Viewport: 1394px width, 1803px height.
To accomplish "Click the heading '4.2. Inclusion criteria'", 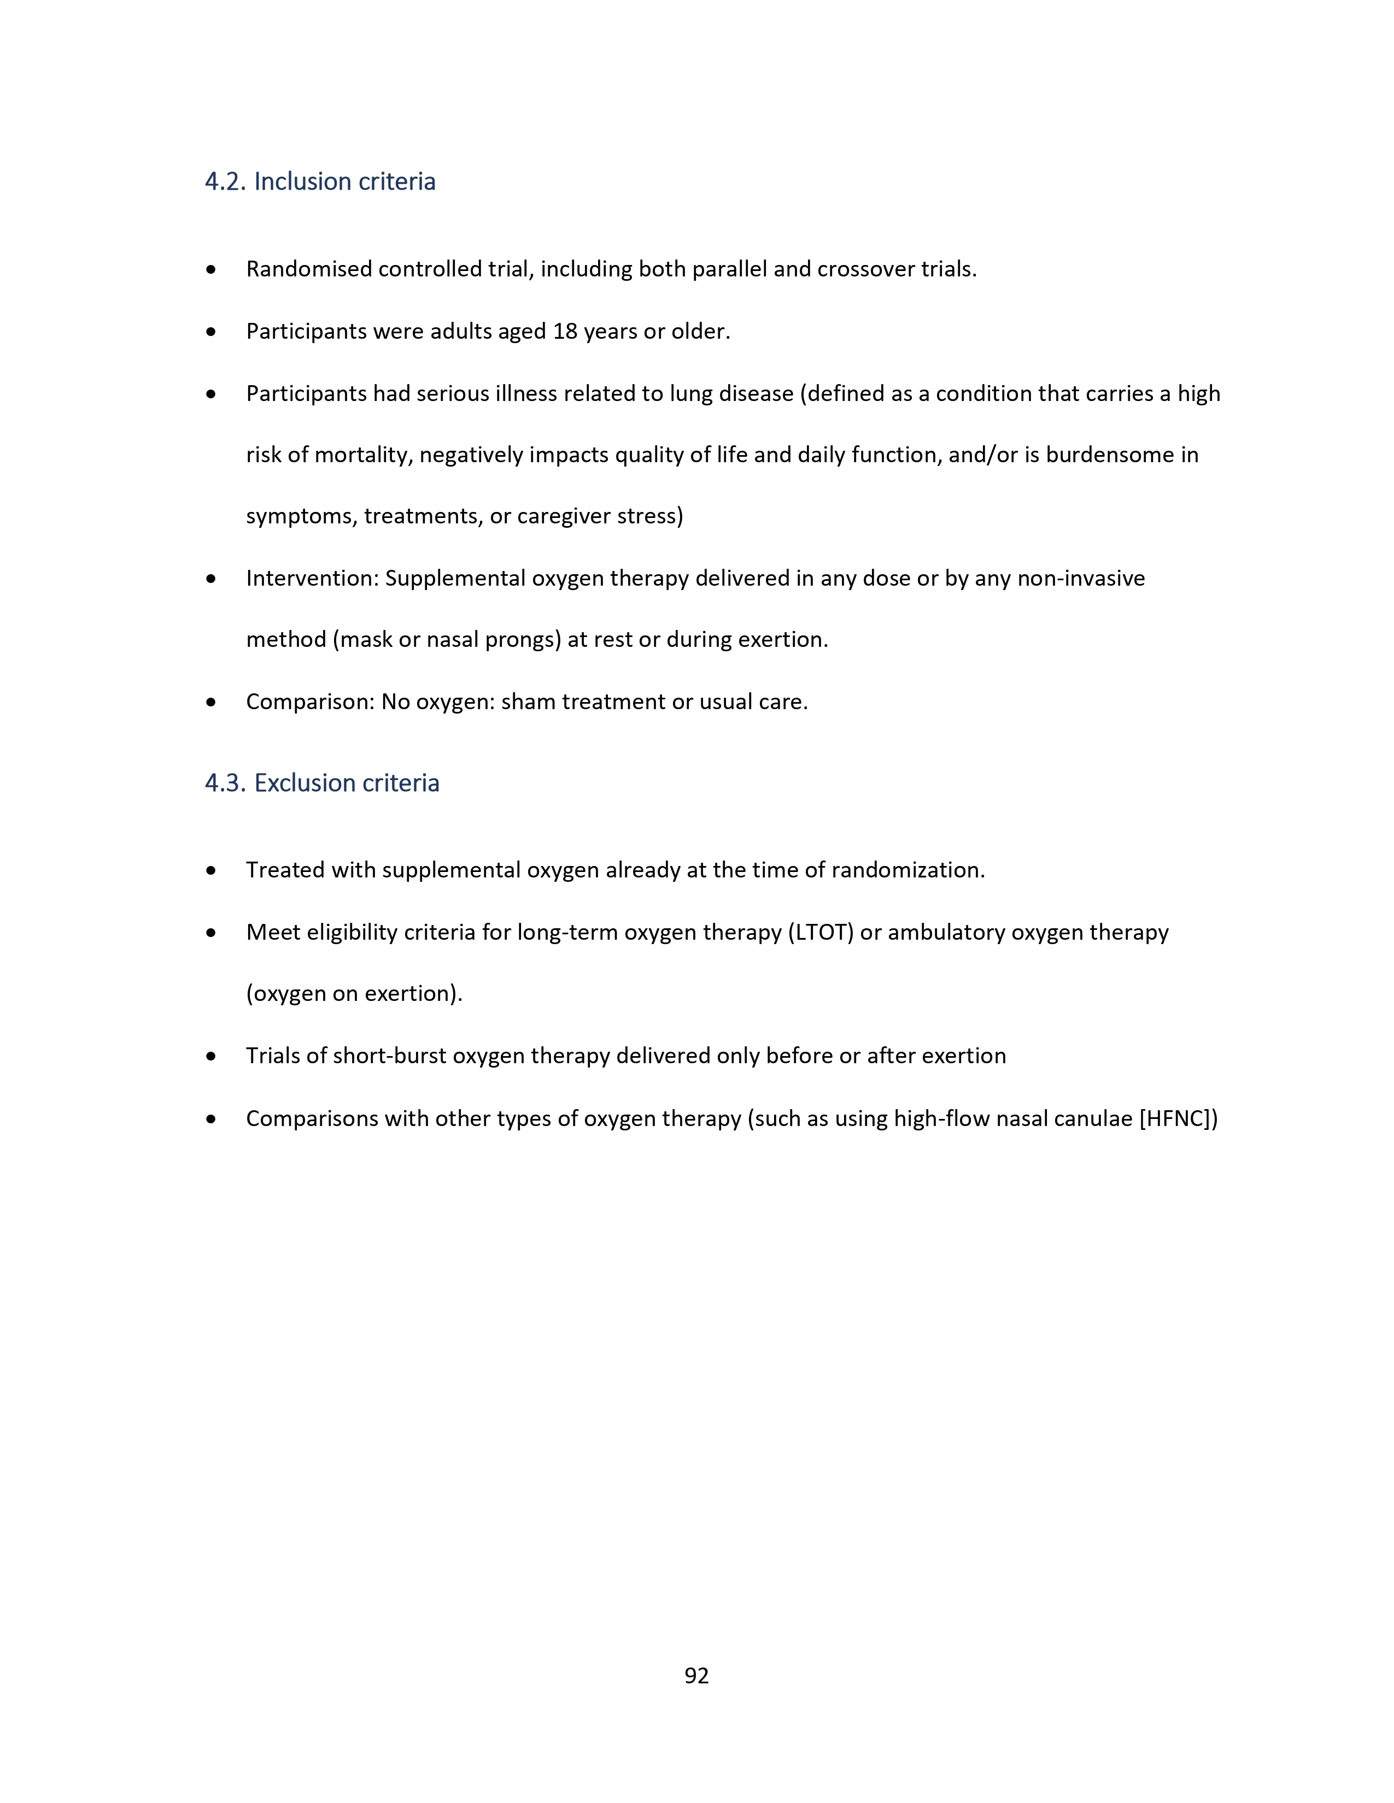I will (320, 181).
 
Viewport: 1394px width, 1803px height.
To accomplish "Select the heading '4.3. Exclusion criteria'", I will (322, 782).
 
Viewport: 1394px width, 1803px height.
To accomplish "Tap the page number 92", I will (696, 1675).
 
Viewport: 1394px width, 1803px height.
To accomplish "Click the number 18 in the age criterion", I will (565, 332).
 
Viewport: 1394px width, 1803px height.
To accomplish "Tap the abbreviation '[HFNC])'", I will (1179, 1118).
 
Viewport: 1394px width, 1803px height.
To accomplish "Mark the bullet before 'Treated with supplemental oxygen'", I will (212, 870).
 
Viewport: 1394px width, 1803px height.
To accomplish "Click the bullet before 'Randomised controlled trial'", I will (212, 269).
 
